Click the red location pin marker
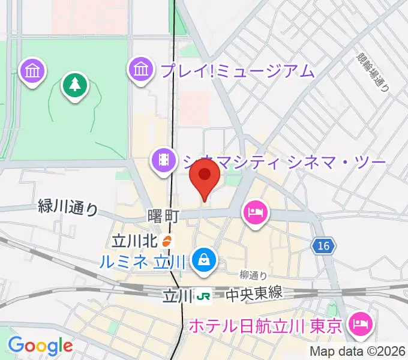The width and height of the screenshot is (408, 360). tap(204, 177)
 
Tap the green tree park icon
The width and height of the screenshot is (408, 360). tap(74, 85)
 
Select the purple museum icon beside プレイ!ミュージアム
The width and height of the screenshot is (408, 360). tap(140, 70)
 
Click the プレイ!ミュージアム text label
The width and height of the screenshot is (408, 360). tap(237, 71)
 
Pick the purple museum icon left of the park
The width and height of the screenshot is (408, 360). tap(32, 71)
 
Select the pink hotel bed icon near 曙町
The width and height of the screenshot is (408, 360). tap(256, 212)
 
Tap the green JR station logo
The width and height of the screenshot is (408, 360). tap(204, 295)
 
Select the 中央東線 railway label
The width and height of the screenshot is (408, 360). tap(254, 295)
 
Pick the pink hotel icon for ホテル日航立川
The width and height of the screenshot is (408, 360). tap(361, 325)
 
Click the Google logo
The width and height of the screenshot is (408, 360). tap(40, 345)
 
